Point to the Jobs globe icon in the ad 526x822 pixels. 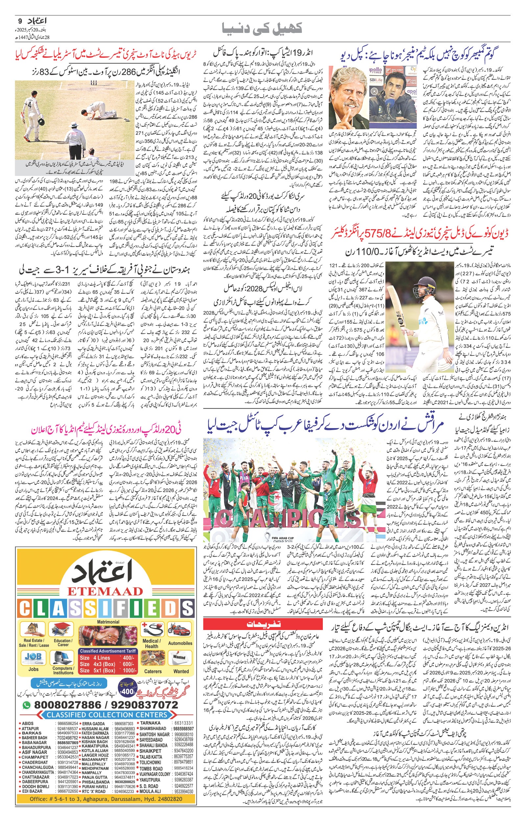click(33, 657)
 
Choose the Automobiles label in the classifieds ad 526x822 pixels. click(180, 643)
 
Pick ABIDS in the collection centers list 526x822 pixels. click(28, 723)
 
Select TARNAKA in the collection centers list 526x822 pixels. click(150, 723)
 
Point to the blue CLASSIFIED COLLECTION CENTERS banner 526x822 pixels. click(107, 715)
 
